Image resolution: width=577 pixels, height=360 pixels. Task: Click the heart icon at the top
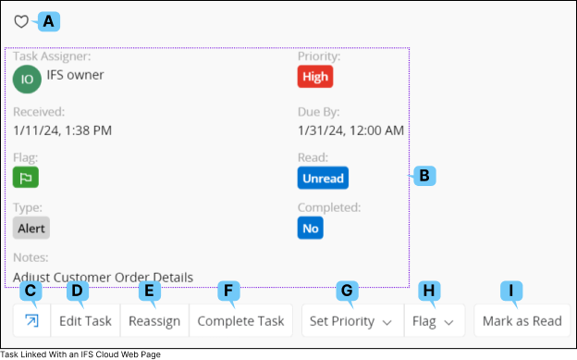pos(21,21)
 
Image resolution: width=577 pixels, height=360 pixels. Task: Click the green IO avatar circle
pos(27,79)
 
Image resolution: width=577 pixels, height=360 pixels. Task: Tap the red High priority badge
pos(315,77)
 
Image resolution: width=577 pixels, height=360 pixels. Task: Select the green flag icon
pos(26,178)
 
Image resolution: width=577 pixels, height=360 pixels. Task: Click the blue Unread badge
pos(323,178)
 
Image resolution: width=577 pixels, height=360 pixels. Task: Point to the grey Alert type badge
pos(31,228)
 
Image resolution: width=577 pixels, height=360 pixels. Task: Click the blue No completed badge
pos(310,228)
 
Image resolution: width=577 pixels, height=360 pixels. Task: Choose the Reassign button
pos(154,321)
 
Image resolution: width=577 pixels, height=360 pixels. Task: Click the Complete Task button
pos(240,321)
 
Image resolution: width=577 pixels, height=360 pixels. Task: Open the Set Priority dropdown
pos(351,321)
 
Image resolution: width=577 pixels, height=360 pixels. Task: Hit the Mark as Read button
pos(522,321)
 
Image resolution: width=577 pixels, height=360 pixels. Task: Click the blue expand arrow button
pos(31,321)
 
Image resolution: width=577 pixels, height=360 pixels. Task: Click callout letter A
pos(49,20)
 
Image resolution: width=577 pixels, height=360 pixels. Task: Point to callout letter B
pos(424,175)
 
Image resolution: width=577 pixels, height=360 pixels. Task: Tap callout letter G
pos(348,291)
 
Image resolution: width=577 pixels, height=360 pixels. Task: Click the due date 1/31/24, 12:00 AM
pos(350,130)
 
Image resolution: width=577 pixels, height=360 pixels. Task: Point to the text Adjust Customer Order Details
pos(104,277)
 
